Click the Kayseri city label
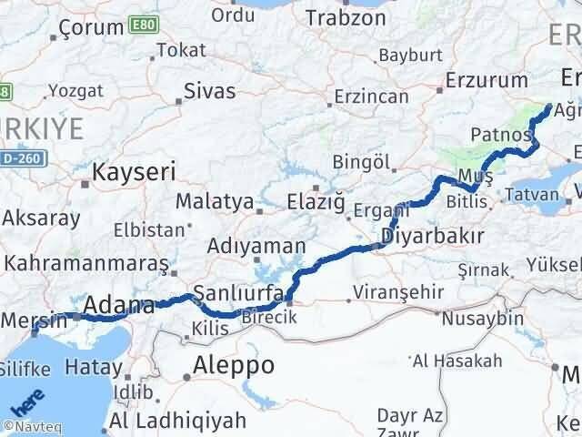click(x=134, y=170)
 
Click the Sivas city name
click(x=209, y=91)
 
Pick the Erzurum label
click(x=487, y=81)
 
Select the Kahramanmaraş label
click(x=86, y=263)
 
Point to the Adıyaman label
click(x=244, y=246)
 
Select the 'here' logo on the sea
click(x=25, y=401)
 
